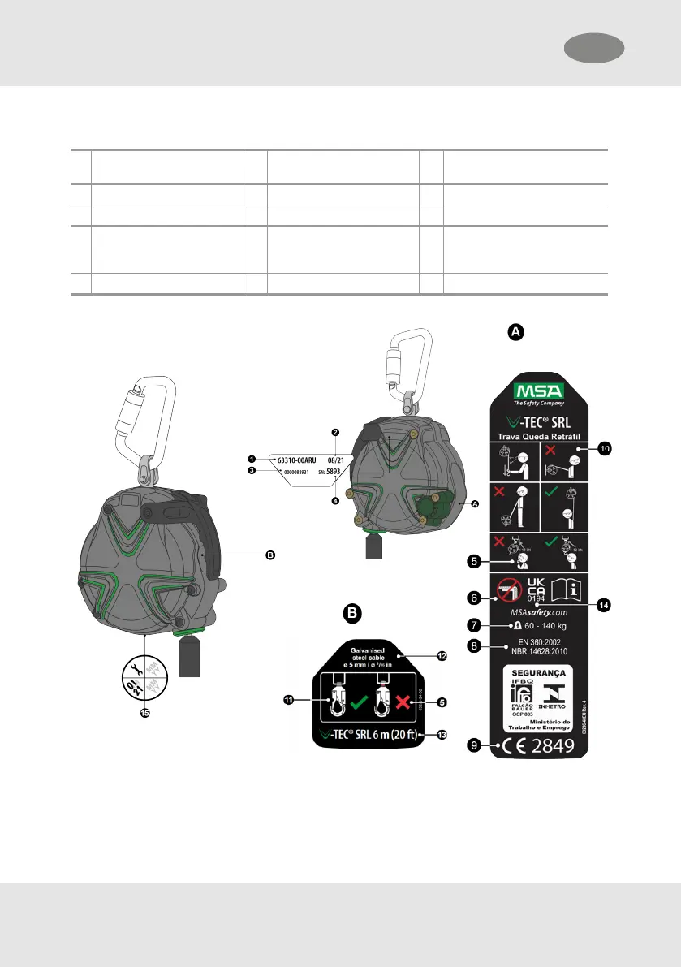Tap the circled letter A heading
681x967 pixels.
point(516,331)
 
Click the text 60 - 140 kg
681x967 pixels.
point(540,626)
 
